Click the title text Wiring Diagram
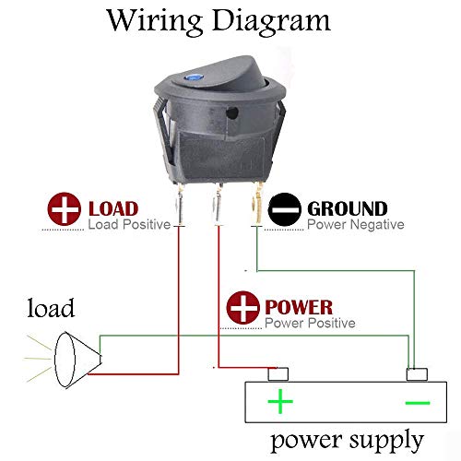click(x=219, y=20)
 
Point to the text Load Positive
click(x=128, y=224)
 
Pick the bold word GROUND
click(x=347, y=209)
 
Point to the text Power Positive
click(x=309, y=324)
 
